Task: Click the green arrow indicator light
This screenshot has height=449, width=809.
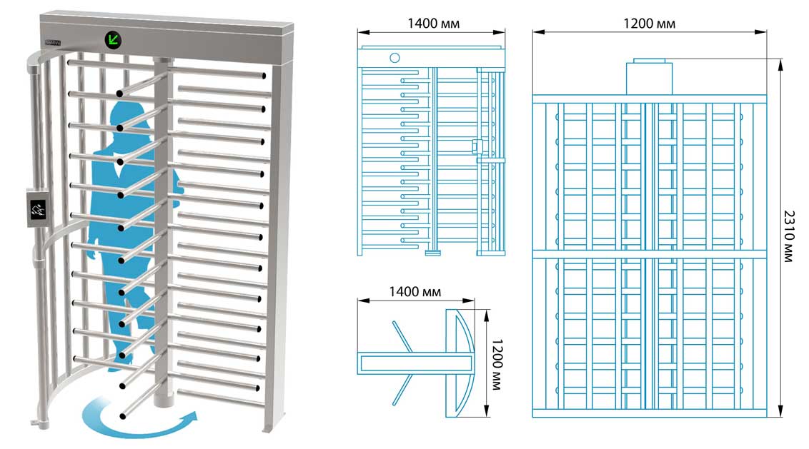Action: [x=113, y=40]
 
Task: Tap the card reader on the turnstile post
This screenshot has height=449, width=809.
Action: [x=38, y=208]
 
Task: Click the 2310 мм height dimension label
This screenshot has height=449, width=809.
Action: [x=788, y=236]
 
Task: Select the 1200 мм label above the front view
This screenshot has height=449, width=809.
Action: [x=649, y=24]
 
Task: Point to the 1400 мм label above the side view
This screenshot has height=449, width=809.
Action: [x=433, y=24]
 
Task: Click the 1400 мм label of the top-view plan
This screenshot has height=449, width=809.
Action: [x=415, y=292]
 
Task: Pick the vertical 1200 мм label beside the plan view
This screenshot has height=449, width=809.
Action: [x=497, y=365]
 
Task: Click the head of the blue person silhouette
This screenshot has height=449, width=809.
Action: [x=130, y=112]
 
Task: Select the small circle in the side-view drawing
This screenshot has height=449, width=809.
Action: [x=394, y=58]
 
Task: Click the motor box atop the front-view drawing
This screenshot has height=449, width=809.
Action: [x=649, y=77]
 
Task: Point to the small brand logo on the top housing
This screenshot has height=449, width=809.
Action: [x=53, y=43]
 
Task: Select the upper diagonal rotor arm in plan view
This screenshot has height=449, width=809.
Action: [x=402, y=337]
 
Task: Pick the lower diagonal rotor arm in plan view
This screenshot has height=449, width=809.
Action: [x=403, y=389]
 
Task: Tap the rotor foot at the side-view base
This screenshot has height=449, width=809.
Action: [x=433, y=253]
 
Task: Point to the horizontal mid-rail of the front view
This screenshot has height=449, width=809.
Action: [x=650, y=254]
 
